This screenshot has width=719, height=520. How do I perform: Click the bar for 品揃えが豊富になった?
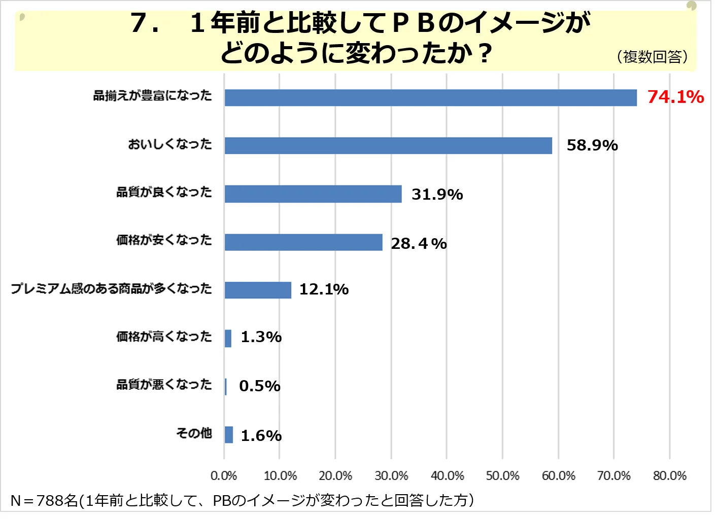coord(430,98)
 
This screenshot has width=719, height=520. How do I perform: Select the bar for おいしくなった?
coord(388,146)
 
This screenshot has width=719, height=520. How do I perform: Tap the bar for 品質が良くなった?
coord(313,194)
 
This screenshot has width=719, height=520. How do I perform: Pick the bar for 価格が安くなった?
coord(303,242)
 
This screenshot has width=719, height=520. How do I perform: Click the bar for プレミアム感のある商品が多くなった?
coord(258,290)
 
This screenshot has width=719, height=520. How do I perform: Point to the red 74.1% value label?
coord(675,97)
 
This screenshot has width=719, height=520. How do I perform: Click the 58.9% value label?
coord(592,145)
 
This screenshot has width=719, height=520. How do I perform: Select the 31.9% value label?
coord(437,194)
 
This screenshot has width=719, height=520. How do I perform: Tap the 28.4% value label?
coord(419,244)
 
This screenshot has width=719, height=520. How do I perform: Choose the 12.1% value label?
coord(324,289)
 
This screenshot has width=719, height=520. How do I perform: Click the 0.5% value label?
coord(260,386)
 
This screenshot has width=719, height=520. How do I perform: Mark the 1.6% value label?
coord(261,435)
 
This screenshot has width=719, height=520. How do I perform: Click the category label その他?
coord(194,433)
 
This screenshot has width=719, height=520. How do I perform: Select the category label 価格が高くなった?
coord(164,337)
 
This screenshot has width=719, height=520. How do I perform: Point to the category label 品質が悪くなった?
coord(164,385)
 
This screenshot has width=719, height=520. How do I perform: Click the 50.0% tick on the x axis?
coord(502,476)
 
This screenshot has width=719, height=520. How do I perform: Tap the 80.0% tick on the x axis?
coord(669,476)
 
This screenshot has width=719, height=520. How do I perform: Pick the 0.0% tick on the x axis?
coord(224,476)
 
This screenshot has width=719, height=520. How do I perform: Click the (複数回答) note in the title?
coord(653,57)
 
